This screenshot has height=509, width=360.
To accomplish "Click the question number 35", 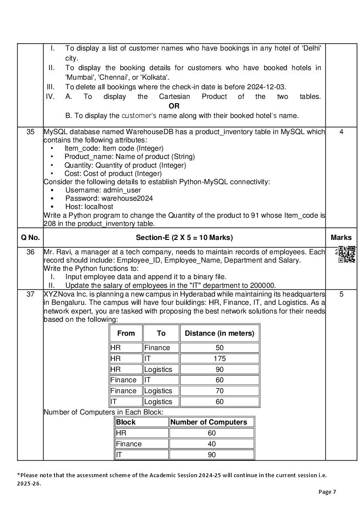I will point(31,131).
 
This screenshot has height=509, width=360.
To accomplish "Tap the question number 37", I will point(31,294).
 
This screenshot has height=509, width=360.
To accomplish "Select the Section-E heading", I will point(184,237).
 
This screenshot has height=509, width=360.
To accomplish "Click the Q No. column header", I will point(31,237).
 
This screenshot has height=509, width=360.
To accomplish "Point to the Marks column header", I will point(341,237).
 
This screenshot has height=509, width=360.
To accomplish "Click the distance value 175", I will point(220,358).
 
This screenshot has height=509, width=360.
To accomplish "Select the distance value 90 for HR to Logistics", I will point(220,369).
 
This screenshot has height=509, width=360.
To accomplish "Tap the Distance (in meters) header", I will point(219,333).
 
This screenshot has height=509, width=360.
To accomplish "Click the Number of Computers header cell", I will point(208,422).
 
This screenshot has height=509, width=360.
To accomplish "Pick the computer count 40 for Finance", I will point(212,444).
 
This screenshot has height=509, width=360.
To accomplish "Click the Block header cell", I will point(126,422).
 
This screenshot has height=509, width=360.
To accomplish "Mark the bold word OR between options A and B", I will point(174,106).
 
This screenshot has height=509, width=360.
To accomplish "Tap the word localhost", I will point(98,206).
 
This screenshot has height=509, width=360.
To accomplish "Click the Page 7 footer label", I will point(327,492).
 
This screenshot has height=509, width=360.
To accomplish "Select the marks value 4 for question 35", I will point(341,131).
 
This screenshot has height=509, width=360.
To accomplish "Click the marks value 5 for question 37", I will point(341,294).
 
